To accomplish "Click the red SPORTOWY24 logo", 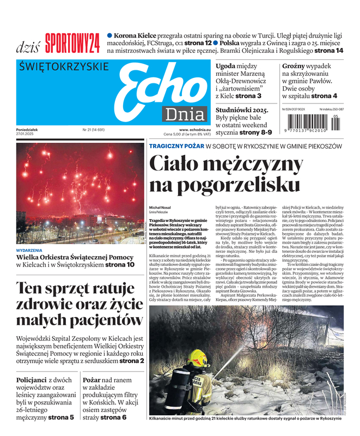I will click(x=72, y=43).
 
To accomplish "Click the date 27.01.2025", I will click(x=25, y=134).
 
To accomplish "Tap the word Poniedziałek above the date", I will click(x=28, y=130).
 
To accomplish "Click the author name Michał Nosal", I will click(x=160, y=208).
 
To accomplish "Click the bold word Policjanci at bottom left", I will click(x=31, y=379).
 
